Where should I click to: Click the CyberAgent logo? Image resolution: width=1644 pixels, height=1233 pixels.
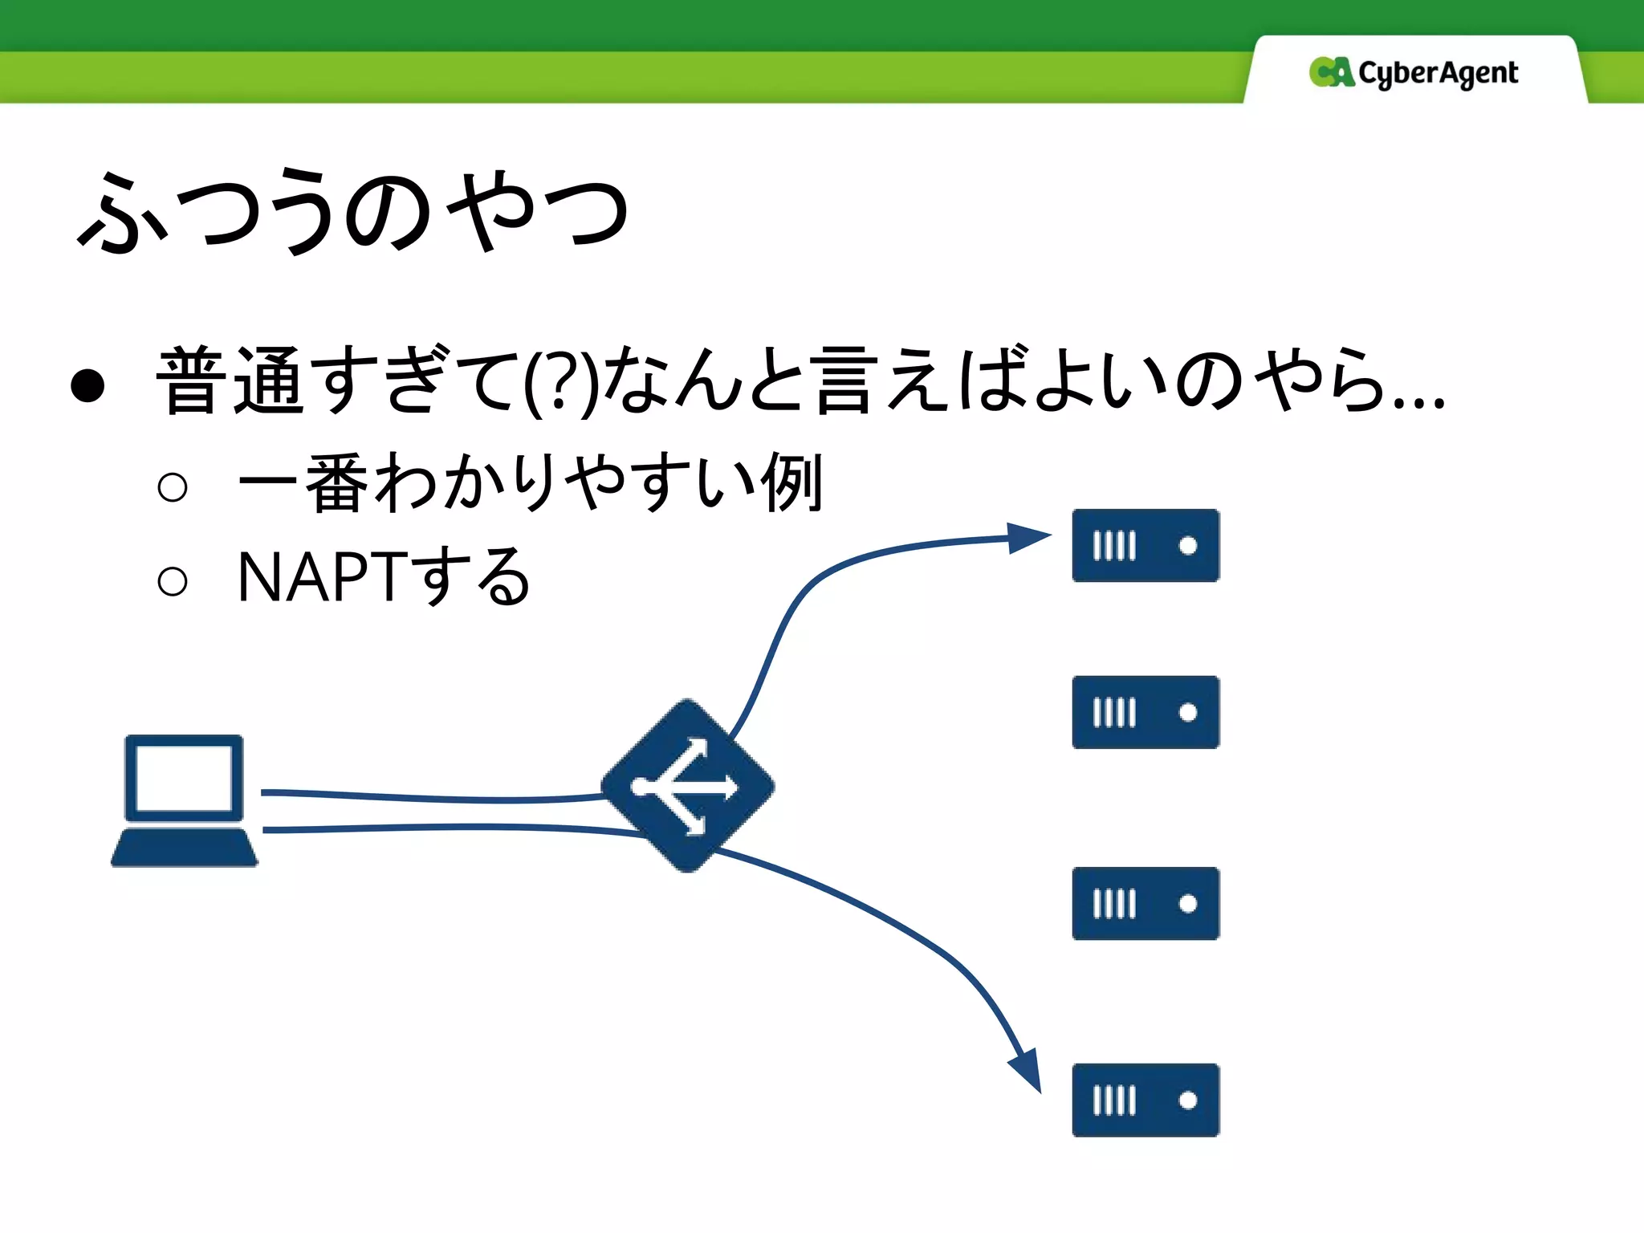(x=1413, y=73)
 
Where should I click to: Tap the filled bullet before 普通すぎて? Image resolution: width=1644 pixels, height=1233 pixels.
(x=87, y=385)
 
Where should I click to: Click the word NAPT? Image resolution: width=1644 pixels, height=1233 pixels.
(x=320, y=577)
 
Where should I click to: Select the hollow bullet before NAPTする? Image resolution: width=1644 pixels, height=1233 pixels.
(x=173, y=581)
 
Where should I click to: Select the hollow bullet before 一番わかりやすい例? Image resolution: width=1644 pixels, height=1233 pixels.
(x=173, y=486)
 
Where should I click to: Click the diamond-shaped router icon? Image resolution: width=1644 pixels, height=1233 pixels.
(x=688, y=786)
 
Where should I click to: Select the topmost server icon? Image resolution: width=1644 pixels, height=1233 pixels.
(x=1146, y=545)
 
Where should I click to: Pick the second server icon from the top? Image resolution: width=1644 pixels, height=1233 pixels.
(x=1146, y=712)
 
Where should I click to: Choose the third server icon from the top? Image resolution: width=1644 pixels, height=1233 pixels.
(x=1146, y=903)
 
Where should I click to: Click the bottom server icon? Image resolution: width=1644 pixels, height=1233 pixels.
(x=1146, y=1100)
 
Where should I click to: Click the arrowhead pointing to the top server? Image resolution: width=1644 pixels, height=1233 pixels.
(x=1027, y=537)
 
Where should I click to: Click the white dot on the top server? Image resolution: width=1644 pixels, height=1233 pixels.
(x=1188, y=546)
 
